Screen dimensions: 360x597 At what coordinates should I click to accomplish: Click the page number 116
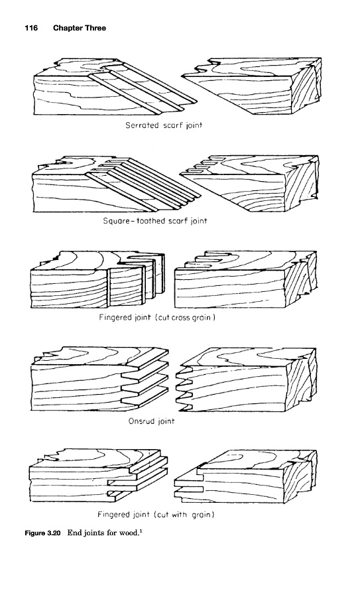tap(31, 28)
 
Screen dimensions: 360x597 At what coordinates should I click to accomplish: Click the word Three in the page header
tap(95, 28)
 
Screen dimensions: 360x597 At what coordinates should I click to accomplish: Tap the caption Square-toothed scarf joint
tap(155, 221)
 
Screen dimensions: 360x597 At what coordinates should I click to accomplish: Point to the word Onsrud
tap(140, 421)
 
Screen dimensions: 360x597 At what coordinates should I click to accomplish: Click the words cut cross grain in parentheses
tap(186, 317)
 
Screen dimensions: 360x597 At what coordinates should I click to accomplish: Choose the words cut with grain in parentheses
tap(184, 515)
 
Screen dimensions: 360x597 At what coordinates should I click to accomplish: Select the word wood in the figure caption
tap(127, 533)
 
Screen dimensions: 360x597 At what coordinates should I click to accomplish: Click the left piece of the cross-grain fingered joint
tap(95, 280)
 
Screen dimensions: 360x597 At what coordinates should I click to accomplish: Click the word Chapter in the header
tap(68, 28)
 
